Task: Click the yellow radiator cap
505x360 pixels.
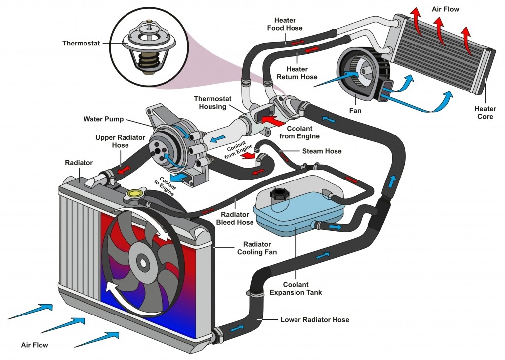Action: pos(135,194)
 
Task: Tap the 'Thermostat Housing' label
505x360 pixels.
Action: pos(212,103)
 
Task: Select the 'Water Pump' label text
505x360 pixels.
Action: pos(103,119)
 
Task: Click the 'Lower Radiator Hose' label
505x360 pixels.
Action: pos(315,320)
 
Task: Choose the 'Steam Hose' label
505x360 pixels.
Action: pos(322,151)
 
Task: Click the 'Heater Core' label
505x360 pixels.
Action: pos(485,112)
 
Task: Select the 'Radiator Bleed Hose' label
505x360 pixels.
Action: pos(235,218)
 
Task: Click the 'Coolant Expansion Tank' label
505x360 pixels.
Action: pos(295,289)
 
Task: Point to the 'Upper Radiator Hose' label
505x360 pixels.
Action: pos(120,141)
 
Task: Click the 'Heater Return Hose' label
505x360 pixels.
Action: pos(297,73)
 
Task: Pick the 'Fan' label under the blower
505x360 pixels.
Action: pos(355,111)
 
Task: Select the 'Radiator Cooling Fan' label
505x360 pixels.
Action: pos(257,248)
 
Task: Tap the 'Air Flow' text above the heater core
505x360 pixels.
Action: pos(445,9)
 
